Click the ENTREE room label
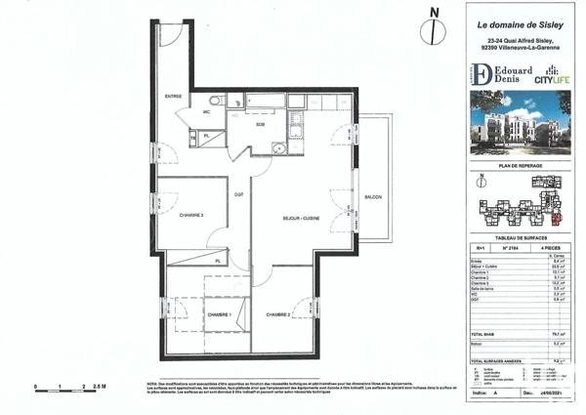click(x=174, y=96)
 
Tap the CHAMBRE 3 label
click(x=190, y=216)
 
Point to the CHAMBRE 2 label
click(x=276, y=314)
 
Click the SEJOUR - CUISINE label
click(x=302, y=217)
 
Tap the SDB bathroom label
click(x=261, y=124)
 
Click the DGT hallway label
click(x=238, y=196)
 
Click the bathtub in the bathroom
click(x=264, y=101)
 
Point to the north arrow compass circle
click(x=428, y=32)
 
